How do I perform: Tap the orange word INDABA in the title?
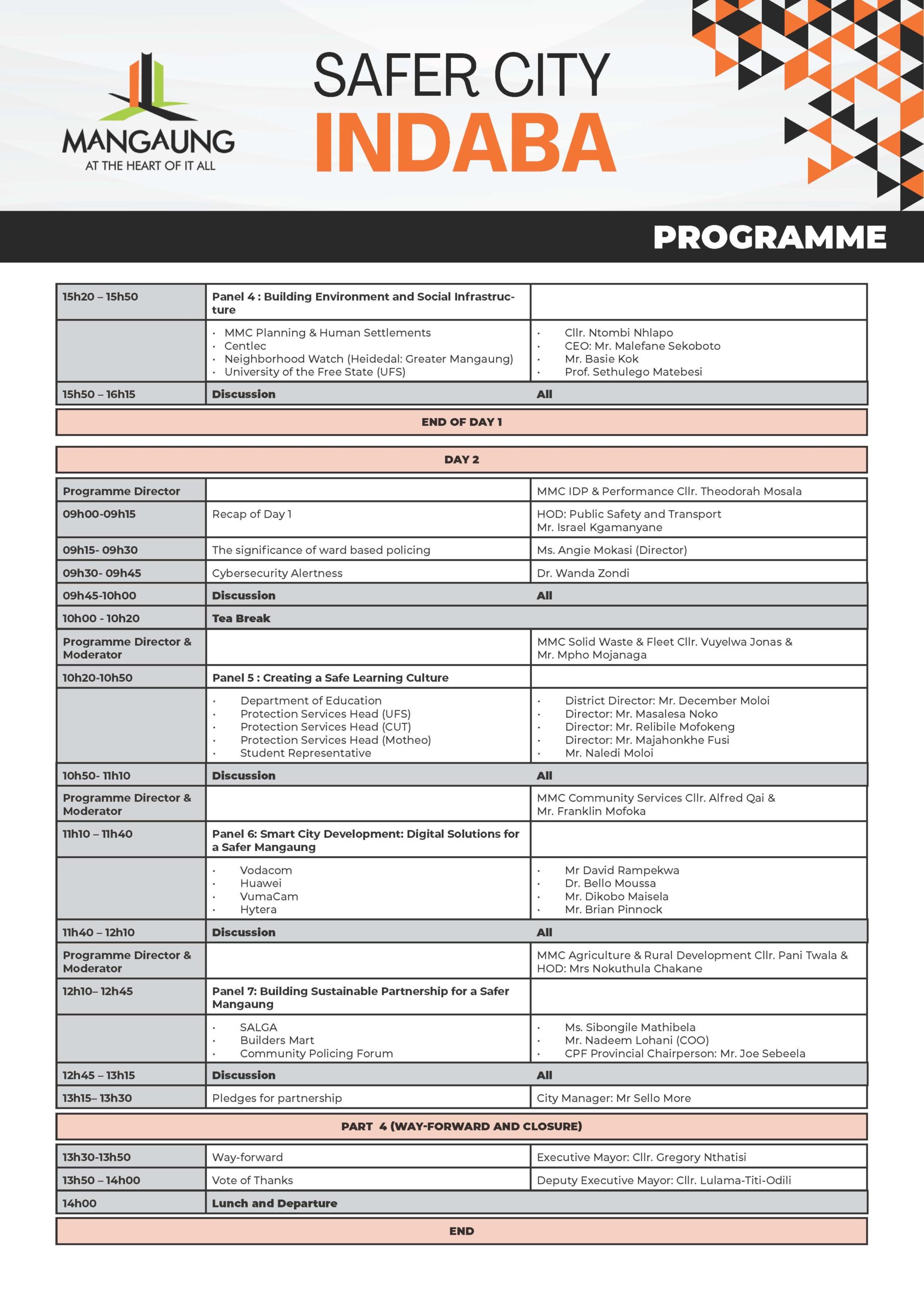[x=465, y=142]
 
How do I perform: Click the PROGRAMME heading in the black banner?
[x=769, y=237]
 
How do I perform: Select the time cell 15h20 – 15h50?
[x=100, y=297]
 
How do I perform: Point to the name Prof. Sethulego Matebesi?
[x=633, y=372]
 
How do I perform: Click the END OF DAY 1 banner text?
[x=461, y=422]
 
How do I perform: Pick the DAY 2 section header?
[x=461, y=459]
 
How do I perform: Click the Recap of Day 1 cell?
[x=252, y=514]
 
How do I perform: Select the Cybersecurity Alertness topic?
[x=277, y=573]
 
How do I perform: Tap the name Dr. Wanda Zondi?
[x=583, y=573]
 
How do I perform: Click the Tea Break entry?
[x=241, y=618]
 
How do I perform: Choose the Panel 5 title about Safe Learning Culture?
[x=330, y=677]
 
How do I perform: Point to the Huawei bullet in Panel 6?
[x=261, y=883]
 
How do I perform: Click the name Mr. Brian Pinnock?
[x=613, y=909]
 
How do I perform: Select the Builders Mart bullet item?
[x=277, y=1040]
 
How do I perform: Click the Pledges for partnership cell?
[x=277, y=1098]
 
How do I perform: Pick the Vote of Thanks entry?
[x=252, y=1180]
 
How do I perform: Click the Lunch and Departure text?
[x=275, y=1203]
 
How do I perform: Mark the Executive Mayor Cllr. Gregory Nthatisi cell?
[x=641, y=1157]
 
